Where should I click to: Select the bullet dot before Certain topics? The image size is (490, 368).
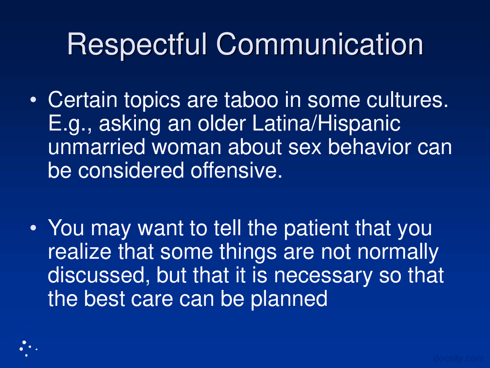tap(34, 100)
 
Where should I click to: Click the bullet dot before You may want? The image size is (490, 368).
tap(34, 228)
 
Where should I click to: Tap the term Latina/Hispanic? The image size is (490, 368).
tap(326, 124)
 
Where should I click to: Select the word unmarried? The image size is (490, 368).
tap(96, 148)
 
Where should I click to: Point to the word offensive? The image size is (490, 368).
tap(236, 171)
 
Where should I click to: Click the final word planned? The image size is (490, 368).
tap(289, 299)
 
